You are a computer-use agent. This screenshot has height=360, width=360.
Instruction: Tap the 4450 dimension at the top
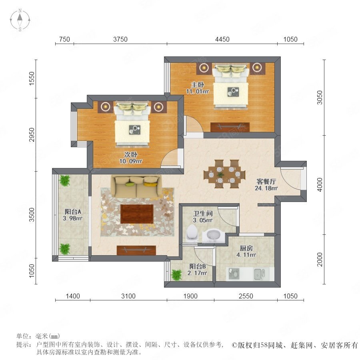point(222,39)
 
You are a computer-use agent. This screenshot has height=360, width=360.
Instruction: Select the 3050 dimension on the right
point(320,98)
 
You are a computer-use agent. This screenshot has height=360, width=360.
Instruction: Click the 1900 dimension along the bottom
point(190,296)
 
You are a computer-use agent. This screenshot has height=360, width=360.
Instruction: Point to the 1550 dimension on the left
point(32,79)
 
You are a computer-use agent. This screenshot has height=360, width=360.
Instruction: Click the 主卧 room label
point(198,84)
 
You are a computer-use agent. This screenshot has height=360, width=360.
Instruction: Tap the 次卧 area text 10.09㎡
point(131,161)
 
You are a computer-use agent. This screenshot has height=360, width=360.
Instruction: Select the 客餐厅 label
point(266,182)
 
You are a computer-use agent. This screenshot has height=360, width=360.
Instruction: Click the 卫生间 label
point(203,214)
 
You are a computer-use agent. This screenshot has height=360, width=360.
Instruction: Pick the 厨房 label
point(246,248)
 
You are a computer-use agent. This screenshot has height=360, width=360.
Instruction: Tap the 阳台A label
point(72,212)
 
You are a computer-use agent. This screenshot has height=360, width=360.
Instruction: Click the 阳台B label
point(198,266)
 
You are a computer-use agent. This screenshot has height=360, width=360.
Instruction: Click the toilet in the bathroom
point(192,232)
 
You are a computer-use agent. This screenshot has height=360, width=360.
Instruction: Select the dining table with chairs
point(224,174)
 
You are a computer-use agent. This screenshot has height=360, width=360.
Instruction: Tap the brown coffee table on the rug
point(137,214)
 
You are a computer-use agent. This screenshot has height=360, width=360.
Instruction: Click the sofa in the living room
point(136,187)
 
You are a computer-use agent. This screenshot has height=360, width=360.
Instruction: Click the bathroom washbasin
point(214,235)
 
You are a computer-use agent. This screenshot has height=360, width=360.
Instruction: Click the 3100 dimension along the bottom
point(128,296)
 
